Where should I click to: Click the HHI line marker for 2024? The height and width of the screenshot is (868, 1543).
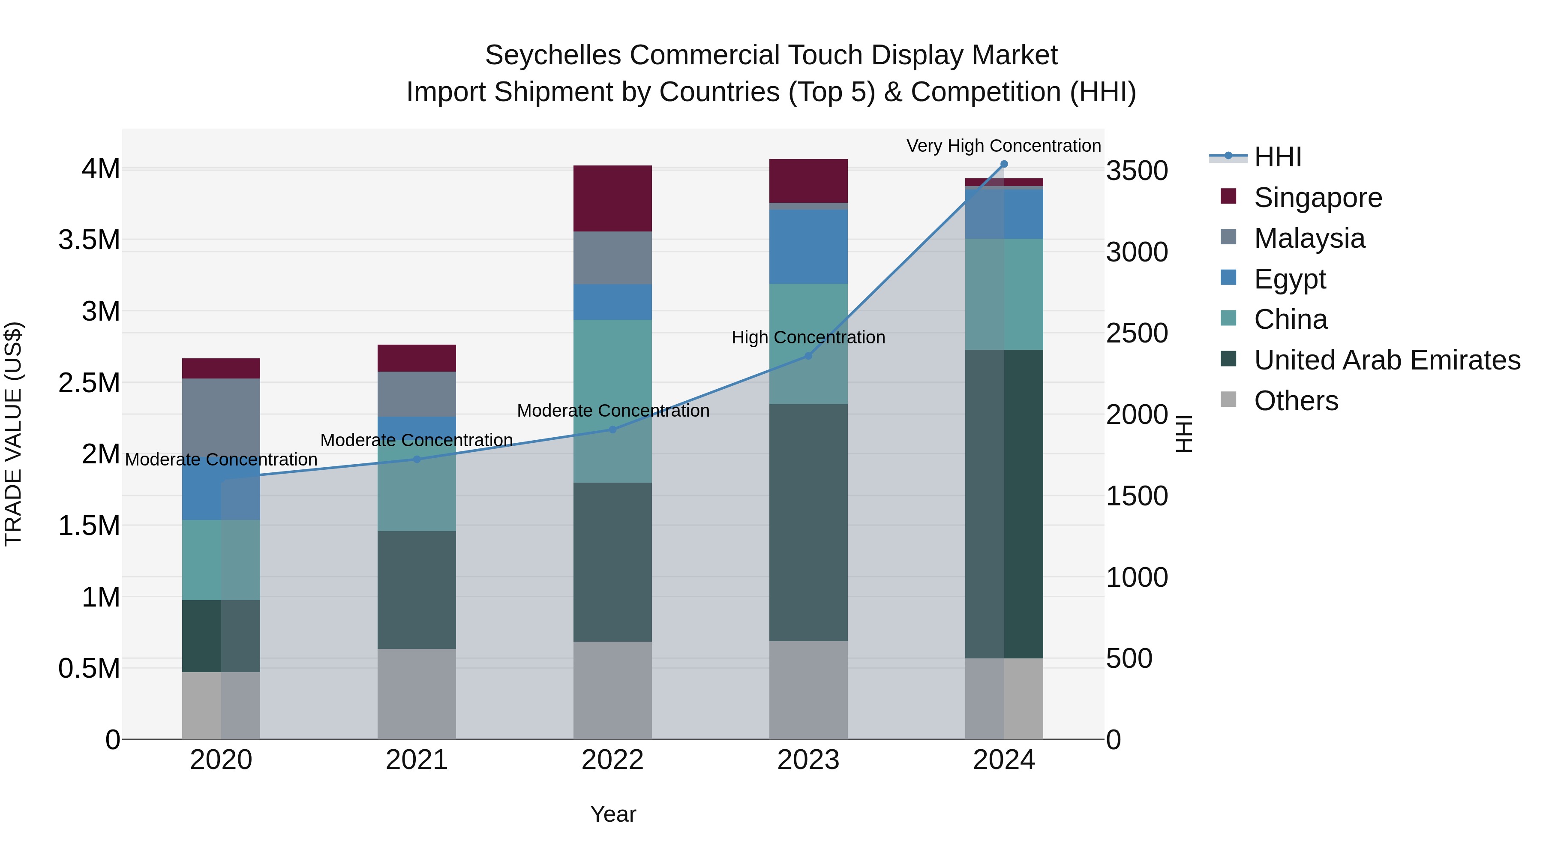coord(1004,164)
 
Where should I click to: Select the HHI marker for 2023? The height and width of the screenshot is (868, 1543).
coord(808,356)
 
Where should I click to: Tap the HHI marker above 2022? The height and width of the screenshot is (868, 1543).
coord(612,429)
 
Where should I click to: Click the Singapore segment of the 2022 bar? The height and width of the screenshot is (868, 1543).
coord(612,198)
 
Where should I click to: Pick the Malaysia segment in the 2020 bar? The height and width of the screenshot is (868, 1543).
coord(221,419)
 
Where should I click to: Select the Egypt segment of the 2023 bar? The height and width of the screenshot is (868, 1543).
coord(808,247)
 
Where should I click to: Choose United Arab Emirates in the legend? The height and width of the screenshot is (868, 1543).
coord(1387,360)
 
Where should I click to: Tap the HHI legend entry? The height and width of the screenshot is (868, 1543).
coord(1277,157)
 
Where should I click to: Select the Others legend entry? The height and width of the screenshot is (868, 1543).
coord(1296,401)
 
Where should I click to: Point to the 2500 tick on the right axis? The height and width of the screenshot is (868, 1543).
coord(1136,333)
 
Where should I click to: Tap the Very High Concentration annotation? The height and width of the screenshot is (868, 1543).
coord(1003,146)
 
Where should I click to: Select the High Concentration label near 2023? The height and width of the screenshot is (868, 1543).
coord(808,337)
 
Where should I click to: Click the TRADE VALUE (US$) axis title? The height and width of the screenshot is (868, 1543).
coord(13,433)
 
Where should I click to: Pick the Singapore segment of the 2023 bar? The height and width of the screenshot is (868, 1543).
coord(808,180)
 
